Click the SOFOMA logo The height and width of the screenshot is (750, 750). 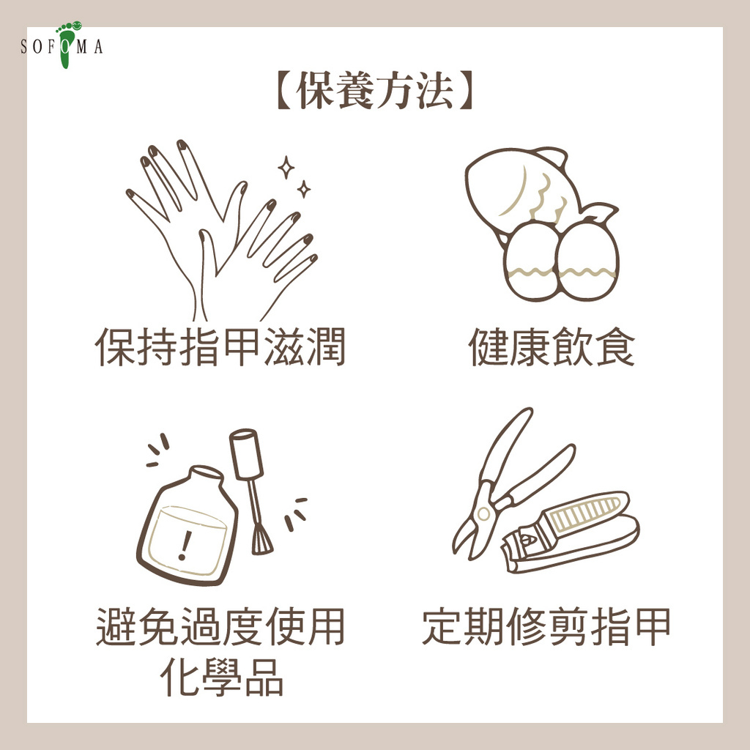click(x=62, y=45)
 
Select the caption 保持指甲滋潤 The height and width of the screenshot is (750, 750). click(x=220, y=346)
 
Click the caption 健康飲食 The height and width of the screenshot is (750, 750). click(x=552, y=346)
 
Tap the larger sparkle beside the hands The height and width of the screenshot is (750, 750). click(x=286, y=167)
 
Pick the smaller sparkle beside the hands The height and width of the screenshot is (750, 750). click(x=303, y=189)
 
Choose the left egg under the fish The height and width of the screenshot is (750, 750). click(x=530, y=262)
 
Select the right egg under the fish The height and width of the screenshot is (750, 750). click(x=587, y=262)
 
